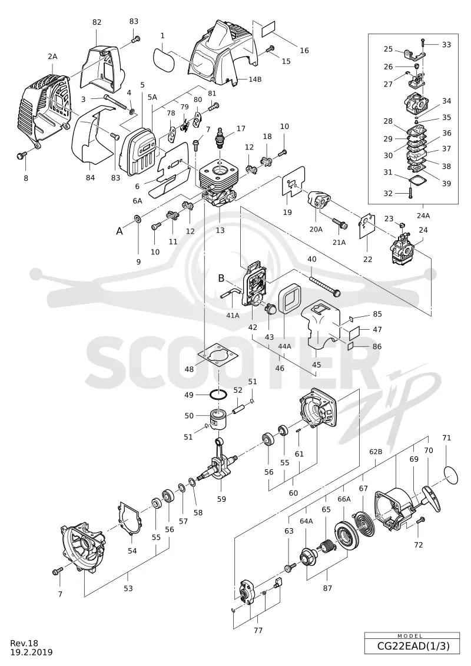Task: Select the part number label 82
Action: pyautogui.click(x=97, y=22)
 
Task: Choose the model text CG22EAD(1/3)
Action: pyautogui.click(x=413, y=647)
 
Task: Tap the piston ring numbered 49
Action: pyautogui.click(x=219, y=395)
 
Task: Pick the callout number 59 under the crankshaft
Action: pyautogui.click(x=221, y=499)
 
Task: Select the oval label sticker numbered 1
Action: pyautogui.click(x=162, y=59)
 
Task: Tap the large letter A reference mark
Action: pyautogui.click(x=120, y=231)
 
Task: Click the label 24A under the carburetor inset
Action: pyautogui.click(x=423, y=216)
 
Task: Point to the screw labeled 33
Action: pyautogui.click(x=423, y=44)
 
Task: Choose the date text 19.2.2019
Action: pyautogui.click(x=32, y=652)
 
